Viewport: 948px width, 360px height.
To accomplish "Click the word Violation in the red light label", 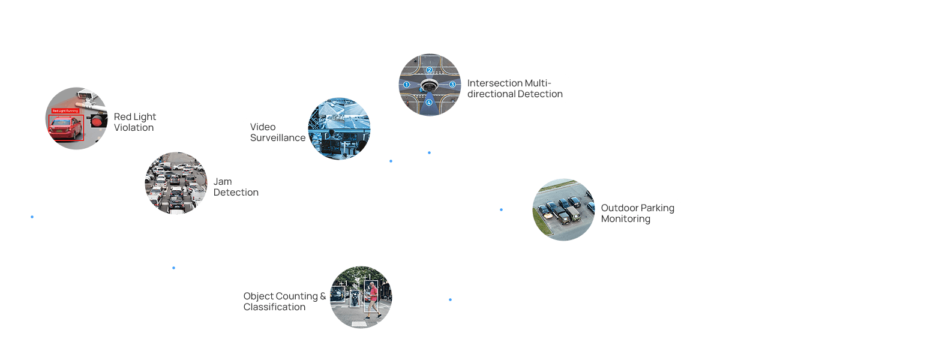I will [134, 128].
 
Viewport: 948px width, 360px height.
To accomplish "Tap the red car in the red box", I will [65, 128].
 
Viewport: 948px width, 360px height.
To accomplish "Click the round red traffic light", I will [96, 122].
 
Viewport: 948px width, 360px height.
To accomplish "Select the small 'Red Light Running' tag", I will [65, 111].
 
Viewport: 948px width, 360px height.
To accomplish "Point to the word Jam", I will [223, 182].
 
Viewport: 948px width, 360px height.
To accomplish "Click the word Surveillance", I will [278, 138].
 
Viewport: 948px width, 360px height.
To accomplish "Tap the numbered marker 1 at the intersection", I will [406, 85].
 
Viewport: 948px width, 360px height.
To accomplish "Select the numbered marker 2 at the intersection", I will [430, 70].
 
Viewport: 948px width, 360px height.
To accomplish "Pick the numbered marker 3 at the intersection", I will [452, 85].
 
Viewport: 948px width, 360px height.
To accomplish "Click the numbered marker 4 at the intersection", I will [429, 103].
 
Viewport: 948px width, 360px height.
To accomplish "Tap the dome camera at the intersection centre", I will [429, 86].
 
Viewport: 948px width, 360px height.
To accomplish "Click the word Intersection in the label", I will [495, 83].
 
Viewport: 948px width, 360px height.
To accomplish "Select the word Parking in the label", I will [658, 208].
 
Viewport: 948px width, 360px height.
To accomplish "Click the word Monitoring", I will [625, 219].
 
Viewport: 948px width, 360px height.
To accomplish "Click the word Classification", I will [274, 307].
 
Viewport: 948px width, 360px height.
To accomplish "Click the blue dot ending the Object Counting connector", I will [450, 299].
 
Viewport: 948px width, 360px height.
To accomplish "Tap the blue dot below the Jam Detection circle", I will [173, 268].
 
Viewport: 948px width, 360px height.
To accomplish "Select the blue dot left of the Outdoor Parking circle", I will [501, 210].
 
